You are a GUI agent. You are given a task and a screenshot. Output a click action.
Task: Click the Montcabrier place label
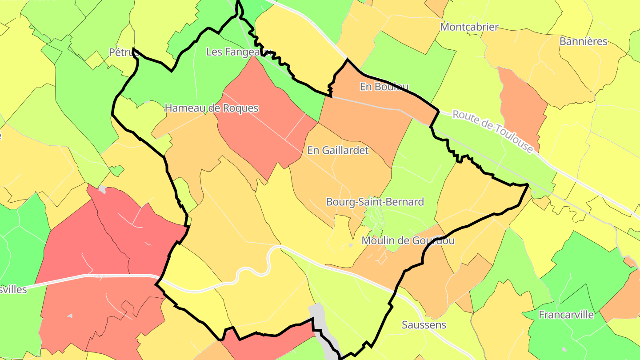pos(469,27)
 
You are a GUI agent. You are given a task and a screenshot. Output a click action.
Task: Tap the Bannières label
pos(583,42)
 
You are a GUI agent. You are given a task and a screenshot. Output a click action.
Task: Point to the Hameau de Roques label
pos(212,108)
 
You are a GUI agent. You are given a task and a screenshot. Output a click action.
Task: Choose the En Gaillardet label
pos(338,151)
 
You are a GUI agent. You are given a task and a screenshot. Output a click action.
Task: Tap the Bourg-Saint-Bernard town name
pos(375,202)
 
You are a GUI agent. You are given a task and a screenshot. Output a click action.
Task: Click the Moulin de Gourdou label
pos(408,241)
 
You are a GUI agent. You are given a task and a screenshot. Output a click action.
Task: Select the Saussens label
pos(424,325)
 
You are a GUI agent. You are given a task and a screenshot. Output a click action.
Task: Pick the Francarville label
pos(566,315)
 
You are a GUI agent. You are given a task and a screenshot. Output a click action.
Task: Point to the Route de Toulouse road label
pos(492,132)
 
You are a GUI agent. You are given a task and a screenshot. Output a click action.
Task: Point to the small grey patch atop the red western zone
pos(102,189)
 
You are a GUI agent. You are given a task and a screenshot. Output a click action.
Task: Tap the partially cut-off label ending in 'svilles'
pos(13,290)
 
